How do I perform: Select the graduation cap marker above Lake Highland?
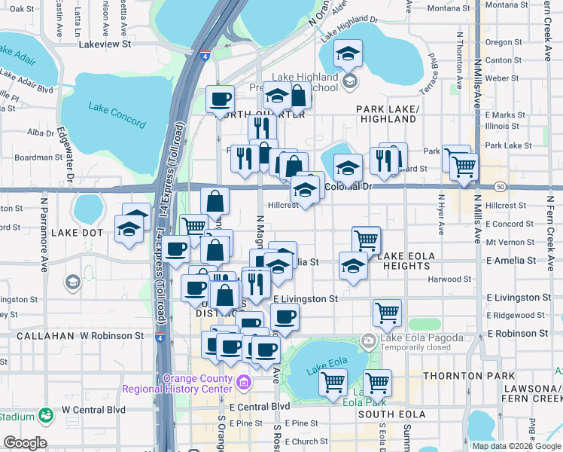click(x=348, y=53)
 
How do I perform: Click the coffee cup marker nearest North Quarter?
click(x=221, y=99)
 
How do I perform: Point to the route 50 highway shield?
click(x=500, y=186)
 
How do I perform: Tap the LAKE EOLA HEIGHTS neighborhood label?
click(x=406, y=261)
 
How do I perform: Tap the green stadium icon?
click(x=45, y=415)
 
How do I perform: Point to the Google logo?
click(x=25, y=443)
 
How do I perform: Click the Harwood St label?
click(x=448, y=279)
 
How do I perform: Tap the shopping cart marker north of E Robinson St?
click(x=387, y=312)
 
